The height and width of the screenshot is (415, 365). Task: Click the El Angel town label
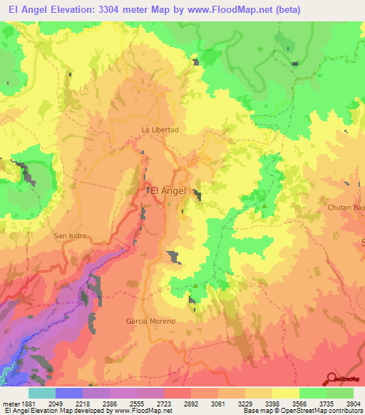(x=168, y=190)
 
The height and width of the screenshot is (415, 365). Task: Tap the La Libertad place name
(x=160, y=130)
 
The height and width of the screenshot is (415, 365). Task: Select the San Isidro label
(x=69, y=235)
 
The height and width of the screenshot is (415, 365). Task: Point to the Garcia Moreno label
(x=150, y=322)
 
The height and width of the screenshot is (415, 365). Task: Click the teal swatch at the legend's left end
(x=41, y=392)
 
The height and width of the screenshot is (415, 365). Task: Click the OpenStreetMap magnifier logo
(x=332, y=379)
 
